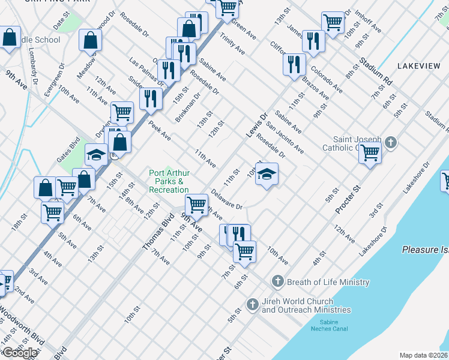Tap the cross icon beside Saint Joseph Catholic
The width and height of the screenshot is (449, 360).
pyautogui.click(x=391, y=143)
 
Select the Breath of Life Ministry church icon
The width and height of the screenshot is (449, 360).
pyautogui.click(x=277, y=281)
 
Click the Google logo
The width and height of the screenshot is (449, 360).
pyautogui.click(x=19, y=353)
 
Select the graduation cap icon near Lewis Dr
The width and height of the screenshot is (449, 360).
pyautogui.click(x=267, y=174)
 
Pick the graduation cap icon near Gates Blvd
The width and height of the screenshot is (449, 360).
pyautogui.click(x=96, y=155)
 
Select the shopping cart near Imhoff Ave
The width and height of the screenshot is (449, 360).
pyautogui.click(x=332, y=22)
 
